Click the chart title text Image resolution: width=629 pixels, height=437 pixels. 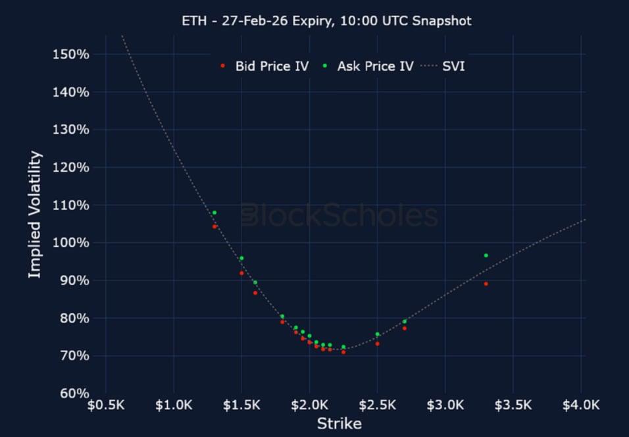[327, 21]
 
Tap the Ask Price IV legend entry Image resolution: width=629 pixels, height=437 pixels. [368, 66]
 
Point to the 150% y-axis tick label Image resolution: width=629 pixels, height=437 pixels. [70, 54]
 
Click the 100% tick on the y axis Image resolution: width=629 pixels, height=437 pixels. [70, 243]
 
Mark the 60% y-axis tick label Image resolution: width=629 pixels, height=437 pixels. [74, 394]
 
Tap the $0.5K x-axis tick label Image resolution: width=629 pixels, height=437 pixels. [105, 405]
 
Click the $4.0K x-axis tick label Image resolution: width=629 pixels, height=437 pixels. [582, 405]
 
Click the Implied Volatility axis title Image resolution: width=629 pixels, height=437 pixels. [35, 215]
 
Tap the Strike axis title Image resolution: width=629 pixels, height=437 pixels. [339, 423]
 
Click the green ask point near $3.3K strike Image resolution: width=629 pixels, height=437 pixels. [486, 255]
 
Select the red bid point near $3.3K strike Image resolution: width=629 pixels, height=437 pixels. [486, 284]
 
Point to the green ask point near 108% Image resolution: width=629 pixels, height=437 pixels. [214, 213]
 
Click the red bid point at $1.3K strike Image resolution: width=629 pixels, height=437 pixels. [214, 226]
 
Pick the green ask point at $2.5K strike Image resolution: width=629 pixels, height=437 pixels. [377, 334]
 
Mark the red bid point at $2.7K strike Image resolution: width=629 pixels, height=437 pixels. [405, 328]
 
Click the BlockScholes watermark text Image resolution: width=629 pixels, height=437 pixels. [339, 216]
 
